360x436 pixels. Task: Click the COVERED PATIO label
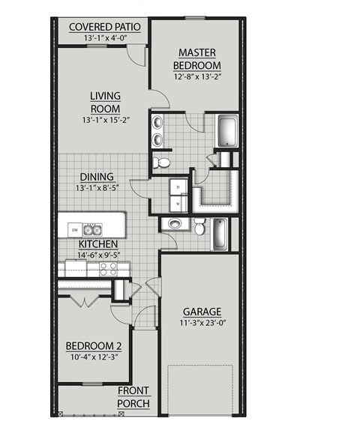click(104, 28)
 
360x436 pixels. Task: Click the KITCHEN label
click(97, 244)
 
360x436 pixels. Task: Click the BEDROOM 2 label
click(94, 345)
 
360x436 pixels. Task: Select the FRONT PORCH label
click(134, 397)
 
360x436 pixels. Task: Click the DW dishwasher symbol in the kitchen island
click(75, 228)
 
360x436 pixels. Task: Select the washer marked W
click(178, 202)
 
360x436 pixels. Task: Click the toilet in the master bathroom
click(160, 161)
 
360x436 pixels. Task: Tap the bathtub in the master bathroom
click(226, 131)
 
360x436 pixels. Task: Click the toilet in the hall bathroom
click(199, 227)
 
